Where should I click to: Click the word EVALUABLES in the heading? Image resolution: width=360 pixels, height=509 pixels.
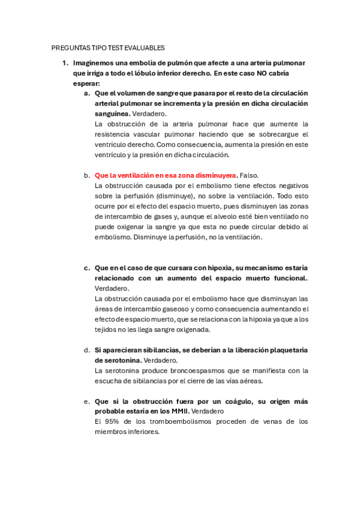pyautogui.click(x=144, y=47)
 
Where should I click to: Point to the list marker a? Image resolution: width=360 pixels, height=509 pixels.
pyautogui.click(x=87, y=93)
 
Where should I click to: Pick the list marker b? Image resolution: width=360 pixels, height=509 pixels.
pyautogui.click(x=87, y=175)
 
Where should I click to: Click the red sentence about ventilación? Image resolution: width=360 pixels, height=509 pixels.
pyautogui.click(x=166, y=175)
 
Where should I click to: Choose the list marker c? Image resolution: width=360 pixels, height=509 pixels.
pyautogui.click(x=87, y=268)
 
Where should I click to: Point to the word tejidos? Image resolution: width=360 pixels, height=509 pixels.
pyautogui.click(x=106, y=330)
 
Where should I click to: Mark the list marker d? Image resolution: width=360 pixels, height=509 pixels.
pyautogui.click(x=87, y=350)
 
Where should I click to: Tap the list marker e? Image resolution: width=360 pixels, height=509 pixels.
pyautogui.click(x=87, y=401)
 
